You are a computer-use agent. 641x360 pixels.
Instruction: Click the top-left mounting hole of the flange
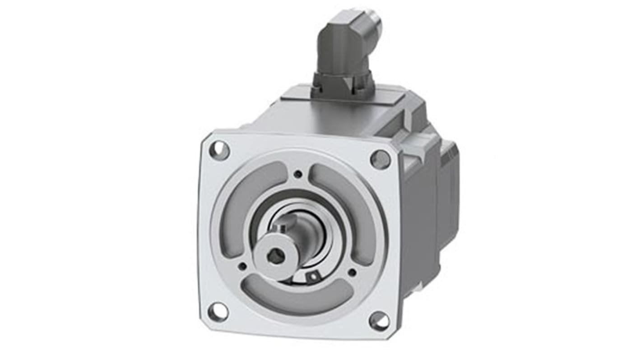pos(219,150)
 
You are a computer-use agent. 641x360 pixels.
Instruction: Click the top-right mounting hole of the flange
pos(380,159)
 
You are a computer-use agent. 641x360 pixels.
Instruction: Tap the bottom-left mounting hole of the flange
pos(218,312)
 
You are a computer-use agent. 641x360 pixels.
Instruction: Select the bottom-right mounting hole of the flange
pos(379,321)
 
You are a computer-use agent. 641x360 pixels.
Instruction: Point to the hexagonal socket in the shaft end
pos(275,256)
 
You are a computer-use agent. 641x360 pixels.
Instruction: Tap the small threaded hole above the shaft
pos(298,174)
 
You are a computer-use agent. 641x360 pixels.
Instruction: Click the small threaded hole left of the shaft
pos(242,266)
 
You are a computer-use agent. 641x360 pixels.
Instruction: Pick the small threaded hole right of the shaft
pos(352,272)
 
